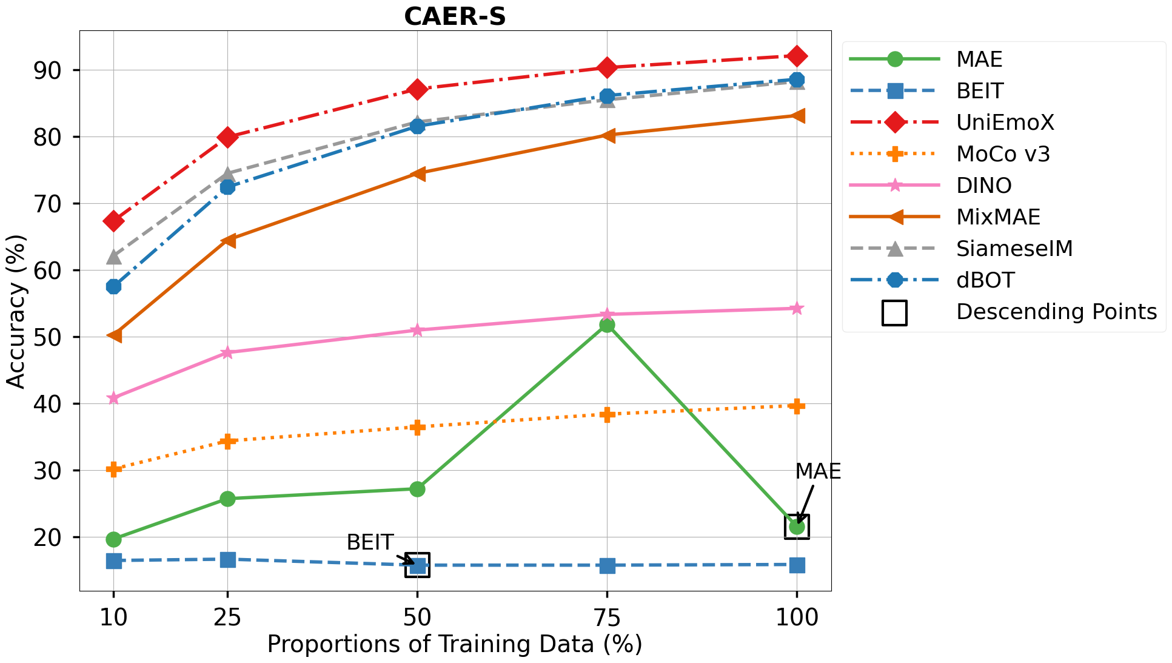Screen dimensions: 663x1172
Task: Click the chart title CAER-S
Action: click(x=455, y=16)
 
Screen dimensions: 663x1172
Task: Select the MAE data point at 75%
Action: click(x=607, y=325)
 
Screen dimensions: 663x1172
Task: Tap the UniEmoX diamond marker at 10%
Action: click(x=113, y=221)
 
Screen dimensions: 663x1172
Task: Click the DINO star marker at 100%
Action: click(x=797, y=309)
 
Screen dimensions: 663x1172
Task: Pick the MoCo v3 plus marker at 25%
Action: click(x=227, y=441)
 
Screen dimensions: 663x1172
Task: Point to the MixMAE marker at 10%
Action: click(x=113, y=335)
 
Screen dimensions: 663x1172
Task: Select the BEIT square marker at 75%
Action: click(x=607, y=566)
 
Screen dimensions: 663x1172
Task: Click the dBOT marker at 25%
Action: click(x=227, y=187)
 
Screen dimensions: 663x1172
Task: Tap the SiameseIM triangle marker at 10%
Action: click(x=113, y=257)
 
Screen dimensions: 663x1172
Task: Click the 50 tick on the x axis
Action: click(x=417, y=618)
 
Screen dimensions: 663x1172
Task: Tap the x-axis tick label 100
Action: click(x=797, y=618)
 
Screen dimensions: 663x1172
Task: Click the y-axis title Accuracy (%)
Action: click(x=16, y=311)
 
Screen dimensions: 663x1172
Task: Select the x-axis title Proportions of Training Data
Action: click(x=455, y=644)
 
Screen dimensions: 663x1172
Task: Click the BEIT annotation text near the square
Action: click(x=370, y=542)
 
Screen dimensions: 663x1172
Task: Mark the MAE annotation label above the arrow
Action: click(x=818, y=471)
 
